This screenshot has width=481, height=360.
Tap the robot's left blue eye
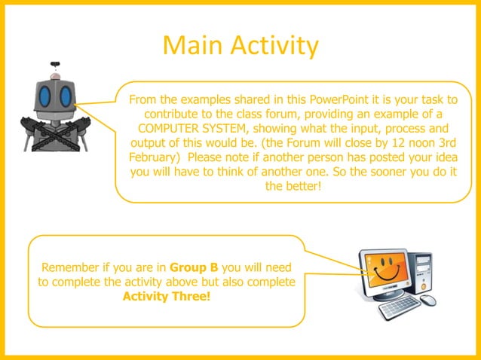(x=47, y=96)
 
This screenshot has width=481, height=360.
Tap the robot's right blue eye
(x=66, y=96)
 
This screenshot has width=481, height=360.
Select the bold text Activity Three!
(x=167, y=295)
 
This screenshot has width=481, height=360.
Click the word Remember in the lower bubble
(x=74, y=267)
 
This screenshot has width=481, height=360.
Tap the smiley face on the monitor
(x=384, y=268)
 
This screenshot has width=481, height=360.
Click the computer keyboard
(x=397, y=306)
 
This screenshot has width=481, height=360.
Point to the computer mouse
(x=428, y=300)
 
